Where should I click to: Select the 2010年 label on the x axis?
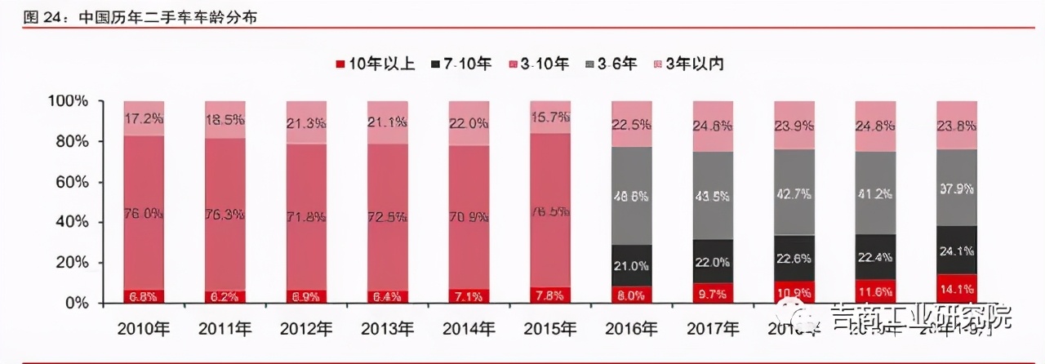tap(144, 330)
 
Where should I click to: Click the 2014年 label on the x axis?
tap(469, 330)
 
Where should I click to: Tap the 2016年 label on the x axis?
tap(631, 330)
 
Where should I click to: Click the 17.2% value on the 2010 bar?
tap(144, 118)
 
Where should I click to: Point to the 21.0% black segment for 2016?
tap(631, 265)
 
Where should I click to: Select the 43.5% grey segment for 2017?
tap(713, 196)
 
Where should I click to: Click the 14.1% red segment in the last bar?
tap(956, 288)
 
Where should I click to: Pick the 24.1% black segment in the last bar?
tap(956, 250)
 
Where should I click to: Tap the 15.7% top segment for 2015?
tap(550, 117)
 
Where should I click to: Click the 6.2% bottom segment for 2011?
tap(225, 297)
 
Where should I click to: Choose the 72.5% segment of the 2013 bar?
tap(388, 217)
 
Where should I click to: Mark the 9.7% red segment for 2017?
tap(713, 293)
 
